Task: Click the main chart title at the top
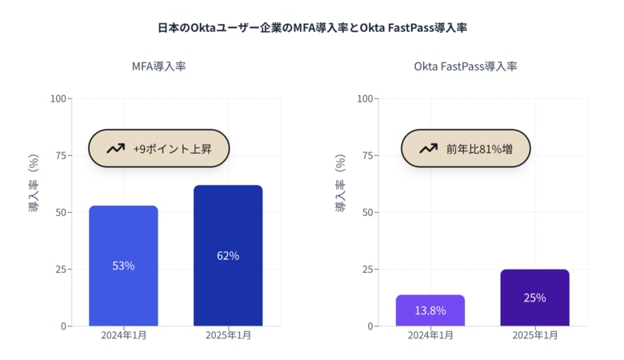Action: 312,28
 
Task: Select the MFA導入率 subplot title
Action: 158,66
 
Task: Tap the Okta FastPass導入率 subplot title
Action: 465,66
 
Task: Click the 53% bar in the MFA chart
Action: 123,240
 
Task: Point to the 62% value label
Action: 228,256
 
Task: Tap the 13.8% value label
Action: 430,310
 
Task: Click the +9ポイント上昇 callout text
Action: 172,149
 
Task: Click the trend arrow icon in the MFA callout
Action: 115,149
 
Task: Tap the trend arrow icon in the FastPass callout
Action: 428,149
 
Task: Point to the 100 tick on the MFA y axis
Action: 59,99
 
